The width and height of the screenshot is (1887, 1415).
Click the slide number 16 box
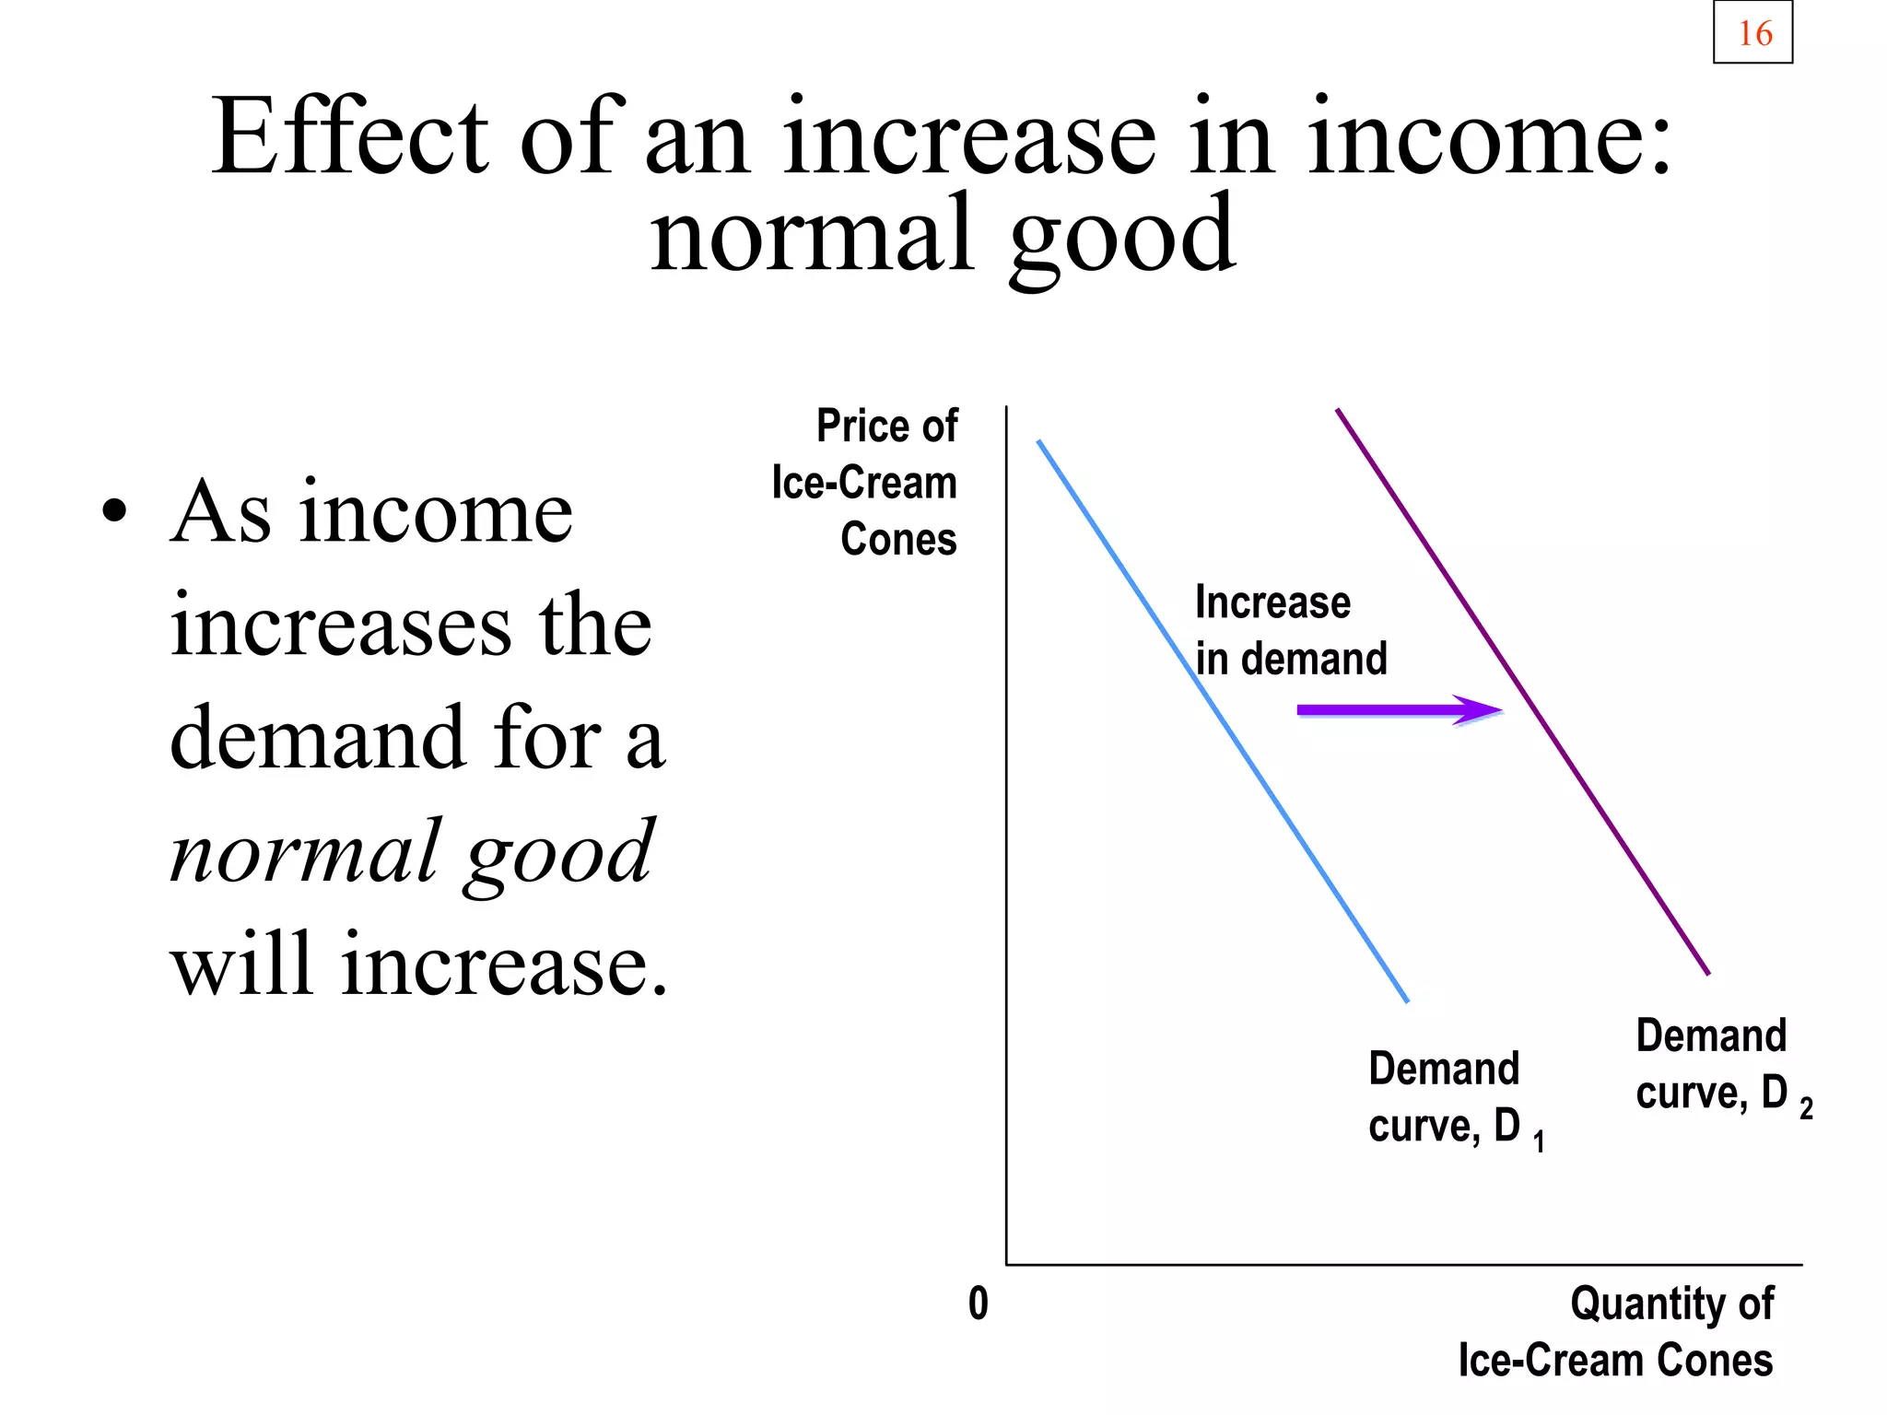[1752, 33]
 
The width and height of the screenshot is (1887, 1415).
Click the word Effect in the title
[349, 138]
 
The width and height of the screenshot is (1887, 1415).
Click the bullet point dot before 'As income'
[113, 510]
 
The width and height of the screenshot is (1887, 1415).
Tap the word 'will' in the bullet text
[241, 965]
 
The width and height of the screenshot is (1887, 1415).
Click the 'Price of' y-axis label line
[886, 427]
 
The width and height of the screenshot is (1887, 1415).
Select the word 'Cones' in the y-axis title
[898, 539]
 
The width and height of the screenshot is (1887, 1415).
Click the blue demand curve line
[1223, 720]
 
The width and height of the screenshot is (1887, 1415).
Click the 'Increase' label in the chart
[1272, 602]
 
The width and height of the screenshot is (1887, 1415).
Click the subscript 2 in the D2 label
[1805, 1108]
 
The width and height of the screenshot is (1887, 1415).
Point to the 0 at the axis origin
[978, 1304]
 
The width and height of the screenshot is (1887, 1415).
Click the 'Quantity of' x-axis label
[1670, 1304]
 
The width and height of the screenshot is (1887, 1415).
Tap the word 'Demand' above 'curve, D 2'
[1710, 1036]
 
